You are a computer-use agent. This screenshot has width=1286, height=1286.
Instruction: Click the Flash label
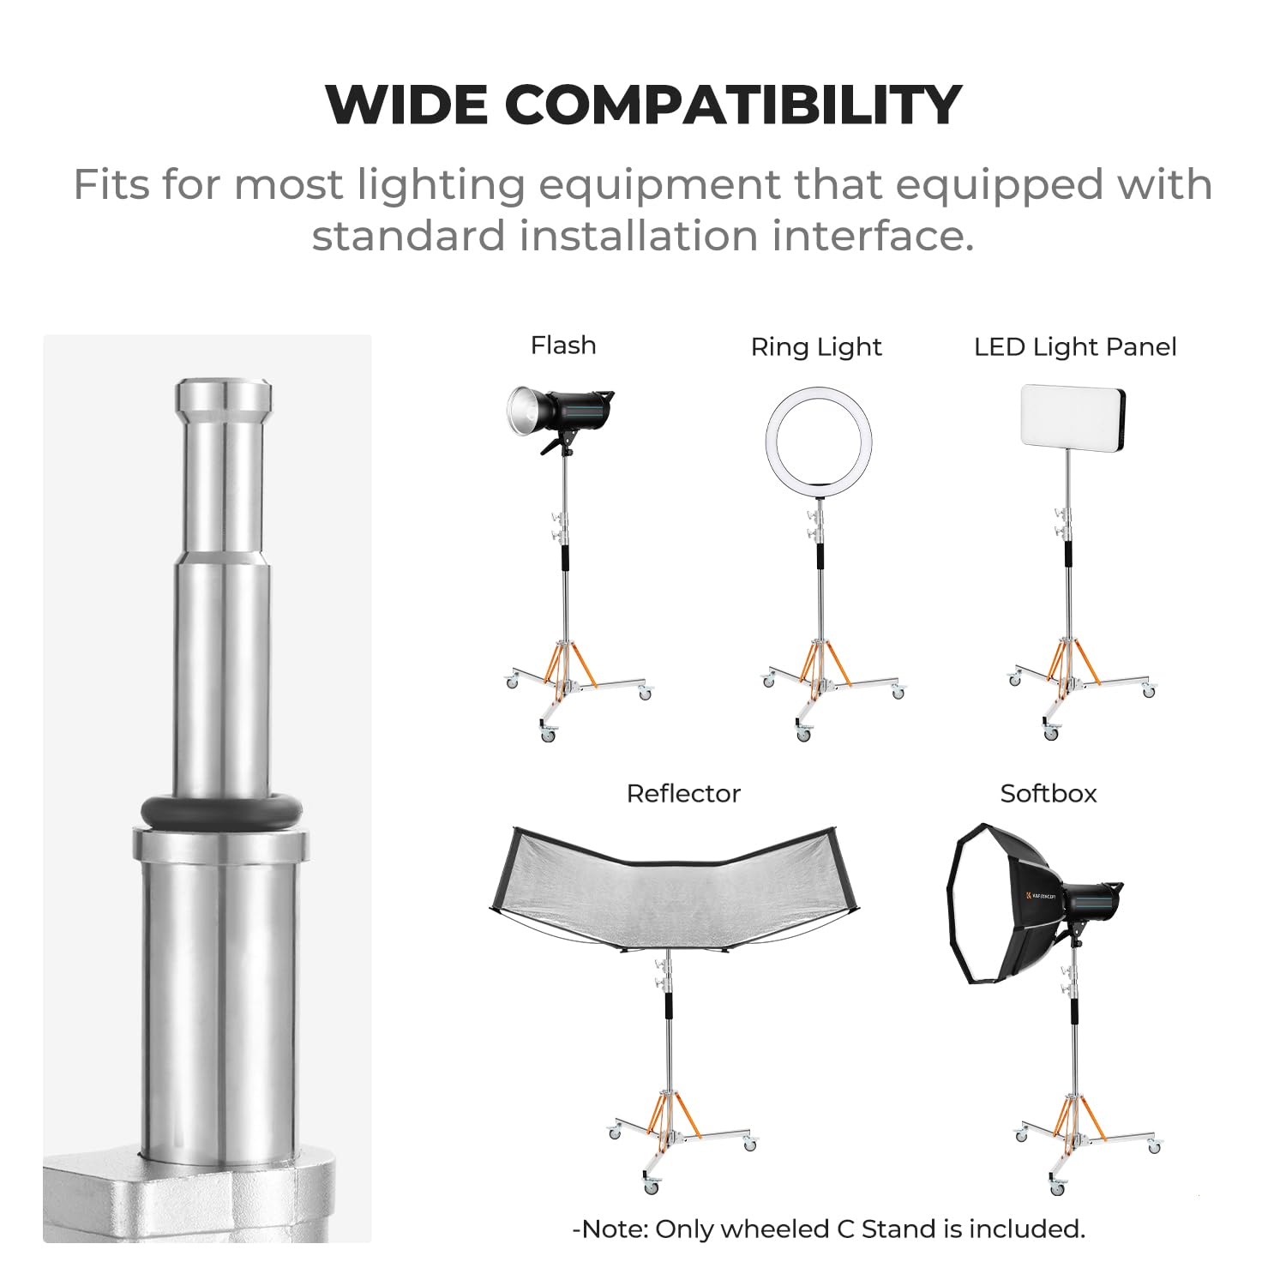tap(563, 346)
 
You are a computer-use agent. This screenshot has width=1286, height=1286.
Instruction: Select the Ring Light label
tap(816, 347)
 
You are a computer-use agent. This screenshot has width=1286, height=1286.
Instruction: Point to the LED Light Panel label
tap(1075, 347)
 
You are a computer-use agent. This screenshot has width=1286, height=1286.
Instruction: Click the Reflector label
tap(683, 794)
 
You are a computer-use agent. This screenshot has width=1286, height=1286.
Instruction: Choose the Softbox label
tap(1049, 794)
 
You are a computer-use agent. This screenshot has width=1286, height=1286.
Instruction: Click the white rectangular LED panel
tap(1073, 416)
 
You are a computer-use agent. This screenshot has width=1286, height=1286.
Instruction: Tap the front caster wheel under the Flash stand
tap(548, 734)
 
